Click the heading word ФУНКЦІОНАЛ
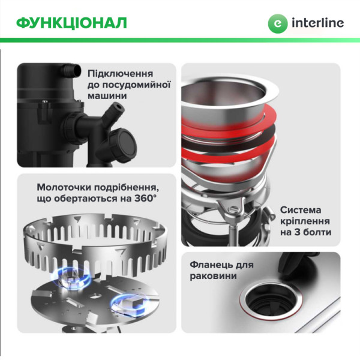pos(71,23)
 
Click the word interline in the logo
pos(318,23)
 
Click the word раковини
pos(211,276)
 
